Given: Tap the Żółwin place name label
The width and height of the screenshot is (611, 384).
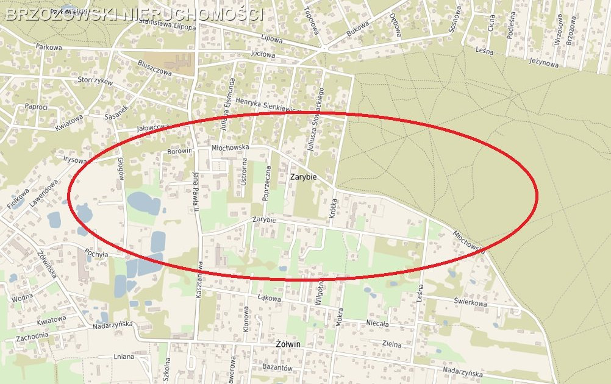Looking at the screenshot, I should coord(284,344).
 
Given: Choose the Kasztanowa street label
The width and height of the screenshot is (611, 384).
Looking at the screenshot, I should coord(199,280).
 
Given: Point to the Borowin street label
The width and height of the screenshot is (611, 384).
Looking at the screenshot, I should coord(180,151).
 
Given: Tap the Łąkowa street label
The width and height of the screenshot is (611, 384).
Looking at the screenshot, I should coord(269,299).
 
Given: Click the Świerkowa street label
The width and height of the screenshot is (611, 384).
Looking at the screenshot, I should coord(470,302).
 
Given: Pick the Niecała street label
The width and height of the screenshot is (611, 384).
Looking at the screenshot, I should coord(377,324).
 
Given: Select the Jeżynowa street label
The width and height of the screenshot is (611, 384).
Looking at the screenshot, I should coord(544,62).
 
